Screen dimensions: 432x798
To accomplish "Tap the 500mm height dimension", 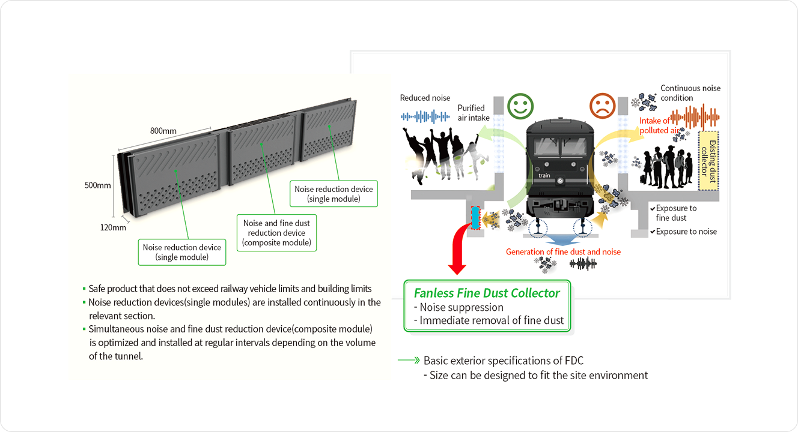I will tap(97, 185).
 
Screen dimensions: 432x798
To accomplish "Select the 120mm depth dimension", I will tap(113, 227).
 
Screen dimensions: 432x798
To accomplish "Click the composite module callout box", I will tap(276, 233).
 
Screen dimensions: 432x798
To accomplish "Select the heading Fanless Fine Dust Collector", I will tap(487, 293).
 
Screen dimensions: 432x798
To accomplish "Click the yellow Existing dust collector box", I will tap(709, 161).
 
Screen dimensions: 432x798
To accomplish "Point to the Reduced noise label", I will tap(425, 98).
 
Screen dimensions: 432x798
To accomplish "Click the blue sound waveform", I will tap(425, 116).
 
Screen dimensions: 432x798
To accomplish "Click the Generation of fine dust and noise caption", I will tap(563, 252).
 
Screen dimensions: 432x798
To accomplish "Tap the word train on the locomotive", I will tap(544, 175).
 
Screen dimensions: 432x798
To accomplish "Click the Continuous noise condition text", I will tap(690, 93).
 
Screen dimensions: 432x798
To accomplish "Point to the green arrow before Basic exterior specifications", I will tap(408, 361).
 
